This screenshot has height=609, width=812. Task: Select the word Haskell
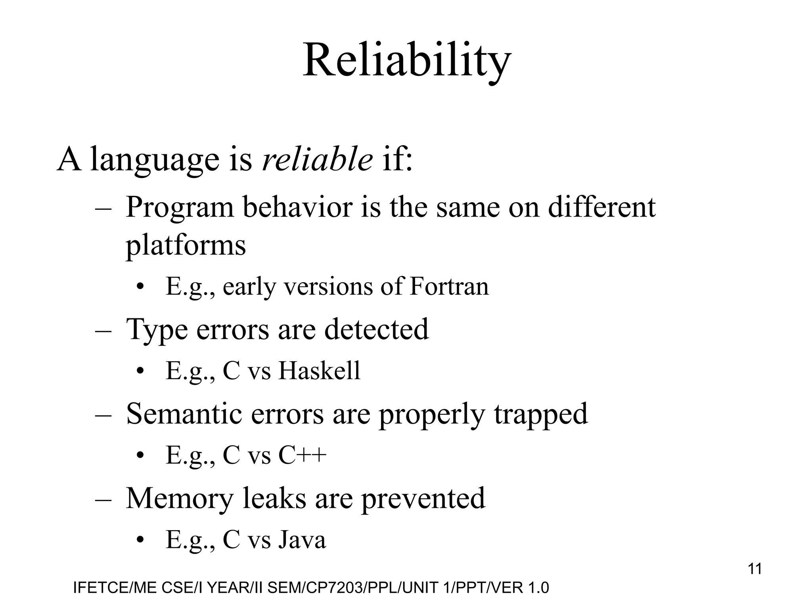coord(319,371)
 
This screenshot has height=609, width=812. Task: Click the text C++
coord(302,455)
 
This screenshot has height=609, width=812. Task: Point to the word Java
coord(302,540)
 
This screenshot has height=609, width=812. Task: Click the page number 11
coord(755,569)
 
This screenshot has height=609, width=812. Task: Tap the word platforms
coord(186,244)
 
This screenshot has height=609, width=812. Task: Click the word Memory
coord(179,498)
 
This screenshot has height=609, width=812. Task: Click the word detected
coord(376,329)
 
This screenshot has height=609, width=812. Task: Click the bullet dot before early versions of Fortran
coord(139,287)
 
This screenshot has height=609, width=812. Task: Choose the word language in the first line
coord(155,159)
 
